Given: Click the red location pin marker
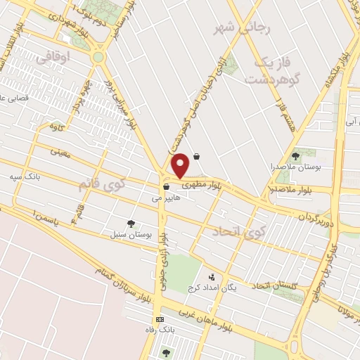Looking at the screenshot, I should point(181,165).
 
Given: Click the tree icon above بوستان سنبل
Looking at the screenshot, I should point(131,223).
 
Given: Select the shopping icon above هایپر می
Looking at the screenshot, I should point(167,186).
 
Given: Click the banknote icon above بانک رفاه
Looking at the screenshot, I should point(160,319).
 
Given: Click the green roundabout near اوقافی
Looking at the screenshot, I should point(98,56).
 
